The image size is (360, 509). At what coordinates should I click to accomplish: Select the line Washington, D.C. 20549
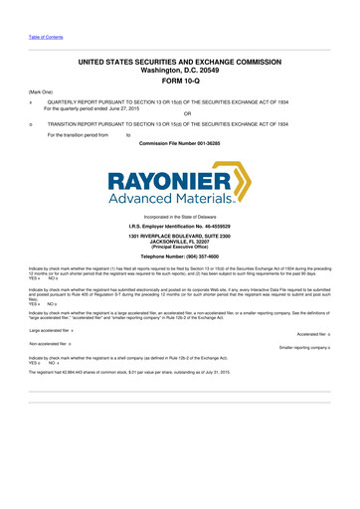tap(179, 71)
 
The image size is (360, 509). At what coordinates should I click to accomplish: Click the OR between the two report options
tap(179, 115)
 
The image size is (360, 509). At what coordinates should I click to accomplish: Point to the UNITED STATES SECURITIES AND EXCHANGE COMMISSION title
tap(179, 61)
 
